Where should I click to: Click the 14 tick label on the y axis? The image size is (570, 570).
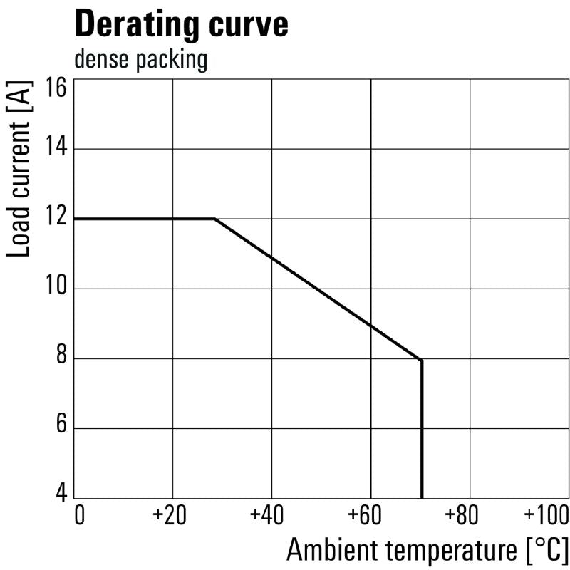(x=56, y=148)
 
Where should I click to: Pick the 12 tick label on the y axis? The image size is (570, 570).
(x=56, y=218)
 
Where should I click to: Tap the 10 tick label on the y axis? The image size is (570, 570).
(x=56, y=288)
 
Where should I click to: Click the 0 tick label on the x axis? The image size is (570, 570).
(x=79, y=514)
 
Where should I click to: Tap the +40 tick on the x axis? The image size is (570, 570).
(x=269, y=514)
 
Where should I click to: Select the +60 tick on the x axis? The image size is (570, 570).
(x=368, y=514)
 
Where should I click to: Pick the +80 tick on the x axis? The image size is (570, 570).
(x=468, y=514)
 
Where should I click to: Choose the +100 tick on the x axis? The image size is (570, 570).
(x=546, y=514)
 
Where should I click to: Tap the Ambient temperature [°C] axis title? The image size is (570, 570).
(x=427, y=549)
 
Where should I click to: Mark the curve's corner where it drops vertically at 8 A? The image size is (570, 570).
(x=422, y=361)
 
